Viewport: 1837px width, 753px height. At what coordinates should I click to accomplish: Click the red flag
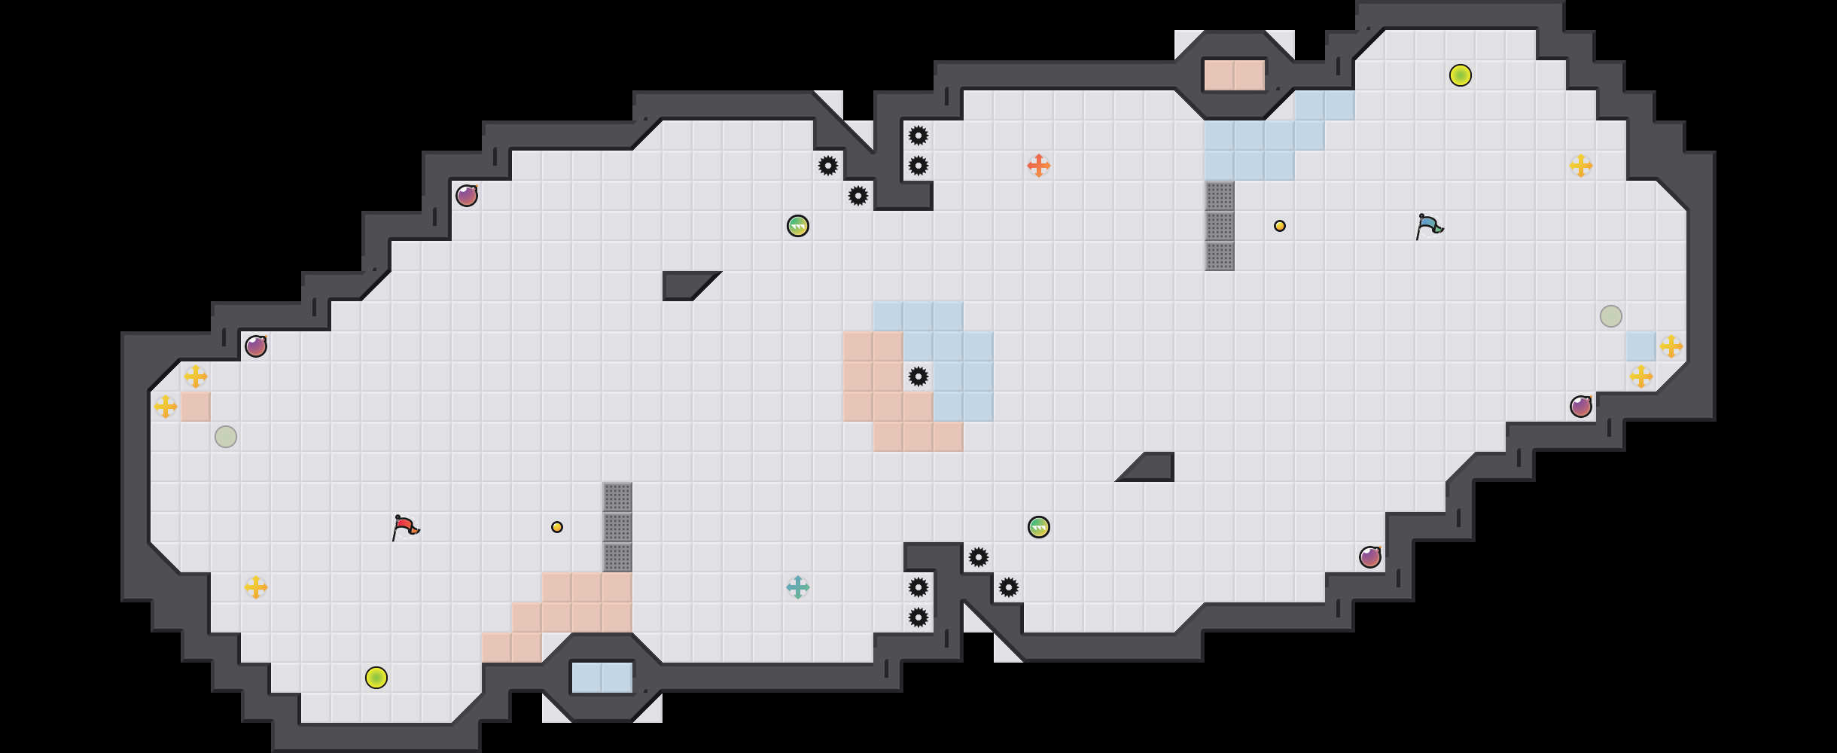(405, 527)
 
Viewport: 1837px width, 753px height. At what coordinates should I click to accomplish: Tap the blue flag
(1428, 226)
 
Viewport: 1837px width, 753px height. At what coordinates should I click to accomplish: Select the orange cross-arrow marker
(1039, 166)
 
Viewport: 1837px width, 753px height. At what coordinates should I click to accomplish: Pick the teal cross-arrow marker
(798, 587)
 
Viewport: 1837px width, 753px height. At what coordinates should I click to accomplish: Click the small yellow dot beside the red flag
(557, 527)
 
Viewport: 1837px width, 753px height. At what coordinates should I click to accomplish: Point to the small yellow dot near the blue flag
(1280, 226)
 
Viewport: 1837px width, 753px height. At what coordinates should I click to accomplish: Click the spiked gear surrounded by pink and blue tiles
(918, 376)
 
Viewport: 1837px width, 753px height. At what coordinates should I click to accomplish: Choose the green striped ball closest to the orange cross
(798, 226)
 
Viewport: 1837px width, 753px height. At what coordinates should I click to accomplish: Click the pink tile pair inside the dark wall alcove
(1235, 75)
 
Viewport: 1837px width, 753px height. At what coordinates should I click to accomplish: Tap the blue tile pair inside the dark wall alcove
(602, 678)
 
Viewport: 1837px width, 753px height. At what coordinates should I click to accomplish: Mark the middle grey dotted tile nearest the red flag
(617, 527)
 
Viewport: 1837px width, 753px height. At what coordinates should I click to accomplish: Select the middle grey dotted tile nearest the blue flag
(1220, 226)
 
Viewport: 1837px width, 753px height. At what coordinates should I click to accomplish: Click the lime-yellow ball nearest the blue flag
(1461, 75)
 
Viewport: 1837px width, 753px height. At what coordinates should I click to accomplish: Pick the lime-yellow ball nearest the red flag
(376, 678)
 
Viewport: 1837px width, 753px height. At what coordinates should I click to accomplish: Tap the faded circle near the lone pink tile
(226, 437)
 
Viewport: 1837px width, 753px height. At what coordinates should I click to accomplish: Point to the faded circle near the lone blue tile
(1611, 316)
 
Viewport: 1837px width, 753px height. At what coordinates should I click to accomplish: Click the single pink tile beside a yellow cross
(196, 407)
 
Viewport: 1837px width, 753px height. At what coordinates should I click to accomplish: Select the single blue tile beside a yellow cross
(1641, 346)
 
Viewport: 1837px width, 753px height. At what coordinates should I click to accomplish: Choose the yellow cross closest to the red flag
(256, 587)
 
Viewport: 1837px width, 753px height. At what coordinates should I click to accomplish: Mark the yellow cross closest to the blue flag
(1581, 166)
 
